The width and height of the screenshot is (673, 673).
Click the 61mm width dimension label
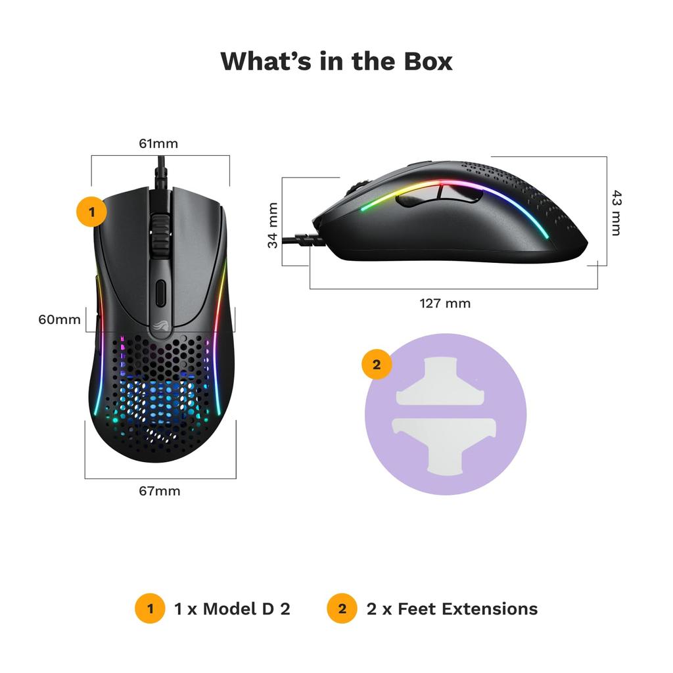coord(158,143)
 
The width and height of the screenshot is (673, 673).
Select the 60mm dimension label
coord(59,320)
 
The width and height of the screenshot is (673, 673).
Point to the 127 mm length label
coord(445,303)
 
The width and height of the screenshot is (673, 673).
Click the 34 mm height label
coord(273,225)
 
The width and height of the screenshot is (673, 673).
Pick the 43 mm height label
coord(615,212)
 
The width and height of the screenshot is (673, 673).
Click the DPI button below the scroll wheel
coord(160,292)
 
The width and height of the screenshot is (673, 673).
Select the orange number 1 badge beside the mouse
coord(92,212)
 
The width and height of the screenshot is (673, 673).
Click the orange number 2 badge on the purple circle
coord(377,365)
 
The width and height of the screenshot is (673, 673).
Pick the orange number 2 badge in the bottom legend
coord(342,609)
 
